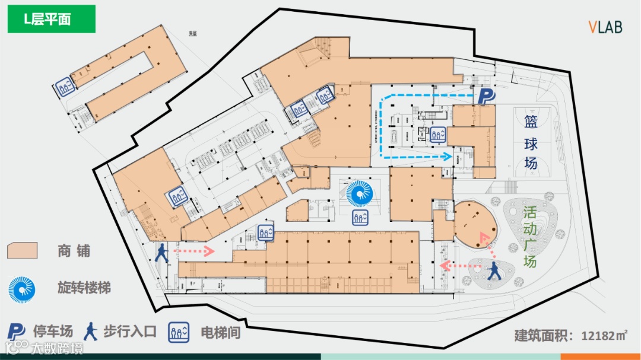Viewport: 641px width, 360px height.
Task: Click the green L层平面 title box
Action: [51, 19]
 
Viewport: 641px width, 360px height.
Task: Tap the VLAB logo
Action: [605, 27]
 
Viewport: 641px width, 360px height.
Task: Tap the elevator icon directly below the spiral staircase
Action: [359, 218]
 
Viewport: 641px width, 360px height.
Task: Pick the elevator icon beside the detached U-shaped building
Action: [65, 87]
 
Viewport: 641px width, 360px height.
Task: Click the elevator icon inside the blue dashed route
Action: [438, 135]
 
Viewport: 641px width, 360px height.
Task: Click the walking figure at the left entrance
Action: [161, 253]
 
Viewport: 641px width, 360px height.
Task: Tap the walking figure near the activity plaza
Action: [494, 272]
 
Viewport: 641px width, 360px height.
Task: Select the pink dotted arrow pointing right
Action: [193, 251]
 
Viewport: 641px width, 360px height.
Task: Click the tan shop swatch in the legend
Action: [23, 250]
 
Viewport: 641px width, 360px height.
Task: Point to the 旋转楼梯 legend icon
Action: [22, 289]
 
